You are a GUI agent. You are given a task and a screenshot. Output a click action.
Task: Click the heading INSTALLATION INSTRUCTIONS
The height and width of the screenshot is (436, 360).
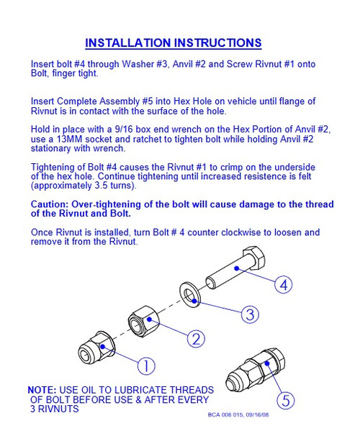pos(173,43)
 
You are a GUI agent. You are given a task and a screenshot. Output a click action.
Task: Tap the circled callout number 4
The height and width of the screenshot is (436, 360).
pos(284,285)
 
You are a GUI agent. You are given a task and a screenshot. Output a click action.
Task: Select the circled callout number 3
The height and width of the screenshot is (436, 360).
pos(250,314)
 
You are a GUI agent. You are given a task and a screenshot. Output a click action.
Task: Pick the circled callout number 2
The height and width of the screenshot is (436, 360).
pos(196,339)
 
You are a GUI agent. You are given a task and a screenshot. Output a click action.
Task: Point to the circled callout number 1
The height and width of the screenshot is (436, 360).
pos(146,365)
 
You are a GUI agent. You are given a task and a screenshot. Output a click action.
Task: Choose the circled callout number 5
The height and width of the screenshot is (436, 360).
pos(286,401)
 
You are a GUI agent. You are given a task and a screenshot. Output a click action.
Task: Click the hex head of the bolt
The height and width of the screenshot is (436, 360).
pos(253,258)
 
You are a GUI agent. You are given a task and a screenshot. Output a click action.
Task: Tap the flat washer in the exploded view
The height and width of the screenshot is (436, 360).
pos(189,294)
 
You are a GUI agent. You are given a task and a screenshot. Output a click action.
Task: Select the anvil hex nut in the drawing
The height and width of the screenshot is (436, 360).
pos(143,322)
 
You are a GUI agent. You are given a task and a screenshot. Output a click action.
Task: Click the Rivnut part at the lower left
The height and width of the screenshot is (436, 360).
pos(96,348)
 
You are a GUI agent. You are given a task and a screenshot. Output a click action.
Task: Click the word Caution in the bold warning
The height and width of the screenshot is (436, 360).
pos(50,204)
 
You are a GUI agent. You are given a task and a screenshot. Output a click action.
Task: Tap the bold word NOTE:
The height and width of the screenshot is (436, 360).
pos(42,390)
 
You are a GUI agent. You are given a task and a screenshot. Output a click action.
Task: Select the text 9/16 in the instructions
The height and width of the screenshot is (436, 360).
pos(124,130)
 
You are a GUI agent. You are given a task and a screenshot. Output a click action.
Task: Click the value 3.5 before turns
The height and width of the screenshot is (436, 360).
pos(101,186)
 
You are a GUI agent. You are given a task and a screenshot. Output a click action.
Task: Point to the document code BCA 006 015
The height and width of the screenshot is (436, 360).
pos(225,414)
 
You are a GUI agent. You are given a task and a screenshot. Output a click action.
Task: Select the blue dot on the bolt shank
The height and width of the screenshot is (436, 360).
pos(237,268)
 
